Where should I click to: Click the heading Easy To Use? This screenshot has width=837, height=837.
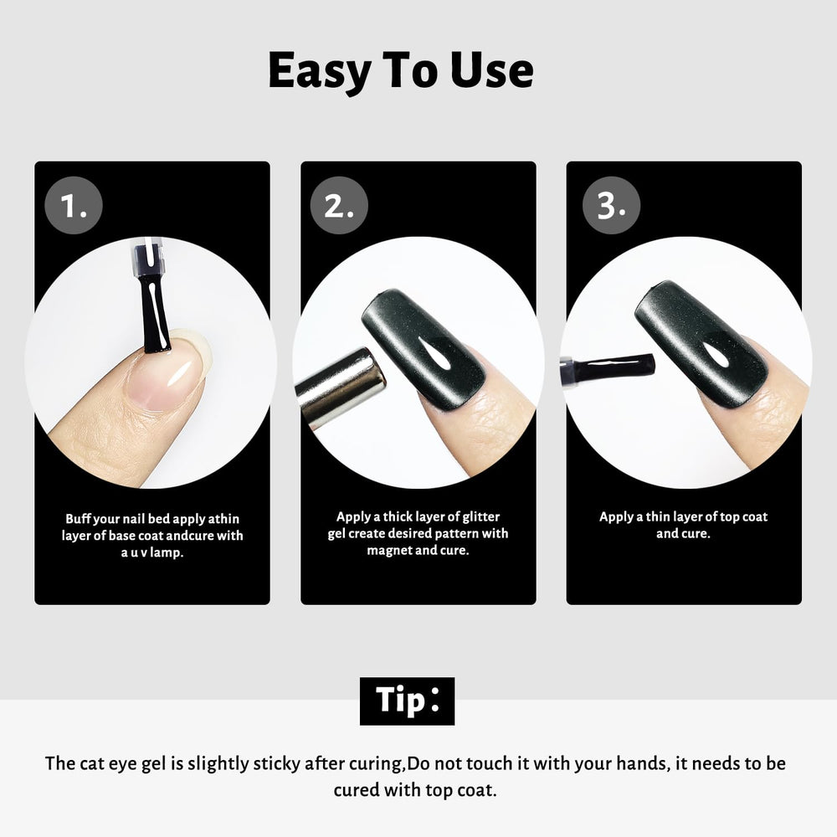(x=401, y=71)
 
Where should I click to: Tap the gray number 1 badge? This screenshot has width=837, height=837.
(x=74, y=206)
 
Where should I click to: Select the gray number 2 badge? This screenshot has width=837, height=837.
(x=339, y=206)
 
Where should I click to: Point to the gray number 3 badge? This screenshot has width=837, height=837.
(x=611, y=206)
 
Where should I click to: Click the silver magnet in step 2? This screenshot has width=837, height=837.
(x=340, y=387)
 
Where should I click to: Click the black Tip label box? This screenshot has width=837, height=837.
(x=407, y=701)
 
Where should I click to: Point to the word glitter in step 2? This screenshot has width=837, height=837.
(x=481, y=516)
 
